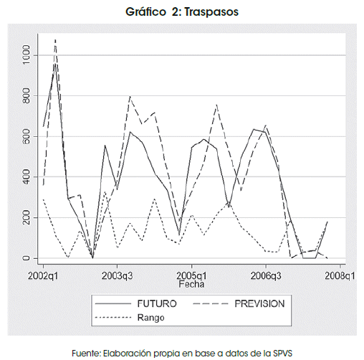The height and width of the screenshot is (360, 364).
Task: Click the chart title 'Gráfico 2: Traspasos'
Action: (182, 11)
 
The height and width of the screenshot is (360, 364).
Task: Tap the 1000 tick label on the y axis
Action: (26, 55)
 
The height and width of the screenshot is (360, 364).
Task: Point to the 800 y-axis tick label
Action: (26, 95)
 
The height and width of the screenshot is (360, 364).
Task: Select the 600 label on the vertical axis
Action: (26, 136)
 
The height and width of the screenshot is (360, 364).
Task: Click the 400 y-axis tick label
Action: (26, 177)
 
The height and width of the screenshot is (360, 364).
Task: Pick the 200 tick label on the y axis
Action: (26, 218)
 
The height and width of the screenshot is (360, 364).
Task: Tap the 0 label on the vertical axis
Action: (26, 258)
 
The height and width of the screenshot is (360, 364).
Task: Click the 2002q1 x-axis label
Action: (43, 276)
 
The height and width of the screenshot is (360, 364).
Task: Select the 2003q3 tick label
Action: (117, 276)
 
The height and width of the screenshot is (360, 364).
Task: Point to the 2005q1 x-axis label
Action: (191, 276)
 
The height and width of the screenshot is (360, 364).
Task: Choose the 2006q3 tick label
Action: (266, 276)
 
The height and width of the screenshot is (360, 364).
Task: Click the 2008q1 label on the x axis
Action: (340, 276)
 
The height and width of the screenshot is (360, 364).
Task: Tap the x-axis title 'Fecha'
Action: (191, 284)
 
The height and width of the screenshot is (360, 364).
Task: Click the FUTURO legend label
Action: (157, 303)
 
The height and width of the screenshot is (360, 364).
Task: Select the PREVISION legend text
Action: (259, 303)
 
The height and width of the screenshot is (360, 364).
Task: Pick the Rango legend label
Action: (151, 318)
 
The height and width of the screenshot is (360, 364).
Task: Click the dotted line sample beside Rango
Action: (113, 318)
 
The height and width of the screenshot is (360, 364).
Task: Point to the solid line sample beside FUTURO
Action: (113, 304)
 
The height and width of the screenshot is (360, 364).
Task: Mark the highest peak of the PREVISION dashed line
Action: (55, 40)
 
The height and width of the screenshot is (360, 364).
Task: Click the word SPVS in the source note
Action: (282, 353)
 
